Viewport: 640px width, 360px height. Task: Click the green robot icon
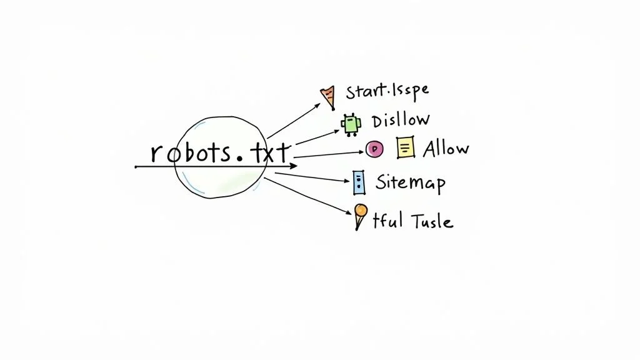[x=351, y=124]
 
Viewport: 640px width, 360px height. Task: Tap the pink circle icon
[x=374, y=149]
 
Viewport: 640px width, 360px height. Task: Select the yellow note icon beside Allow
[x=406, y=148]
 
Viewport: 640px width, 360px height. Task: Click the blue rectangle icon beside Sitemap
[x=358, y=181]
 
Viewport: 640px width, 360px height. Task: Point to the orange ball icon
[x=361, y=211]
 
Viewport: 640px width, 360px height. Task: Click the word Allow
[x=446, y=149]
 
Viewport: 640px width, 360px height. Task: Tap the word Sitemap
[x=410, y=182]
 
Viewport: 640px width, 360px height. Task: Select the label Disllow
[x=400, y=120]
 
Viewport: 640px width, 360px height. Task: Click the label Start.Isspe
[x=387, y=91]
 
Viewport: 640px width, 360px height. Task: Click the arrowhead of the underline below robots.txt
[x=294, y=167]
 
